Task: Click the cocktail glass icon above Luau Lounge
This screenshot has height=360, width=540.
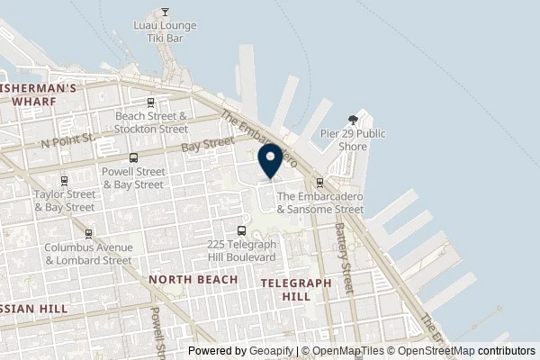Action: click(165, 13)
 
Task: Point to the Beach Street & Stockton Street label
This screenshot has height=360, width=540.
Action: click(151, 122)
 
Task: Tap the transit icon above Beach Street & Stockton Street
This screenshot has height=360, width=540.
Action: click(151, 103)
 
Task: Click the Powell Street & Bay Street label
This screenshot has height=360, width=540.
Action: click(132, 178)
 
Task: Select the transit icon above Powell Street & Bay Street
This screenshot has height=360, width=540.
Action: click(132, 157)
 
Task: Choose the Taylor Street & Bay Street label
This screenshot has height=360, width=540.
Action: click(64, 200)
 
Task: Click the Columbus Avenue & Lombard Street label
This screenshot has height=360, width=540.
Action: click(89, 253)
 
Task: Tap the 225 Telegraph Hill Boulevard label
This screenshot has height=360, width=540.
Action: click(240, 250)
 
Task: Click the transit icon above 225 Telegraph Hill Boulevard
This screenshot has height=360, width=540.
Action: click(239, 230)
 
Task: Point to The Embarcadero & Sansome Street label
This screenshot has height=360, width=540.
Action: click(320, 202)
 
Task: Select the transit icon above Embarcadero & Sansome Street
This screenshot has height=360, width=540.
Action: click(319, 183)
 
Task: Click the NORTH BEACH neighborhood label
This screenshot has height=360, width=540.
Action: click(193, 280)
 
